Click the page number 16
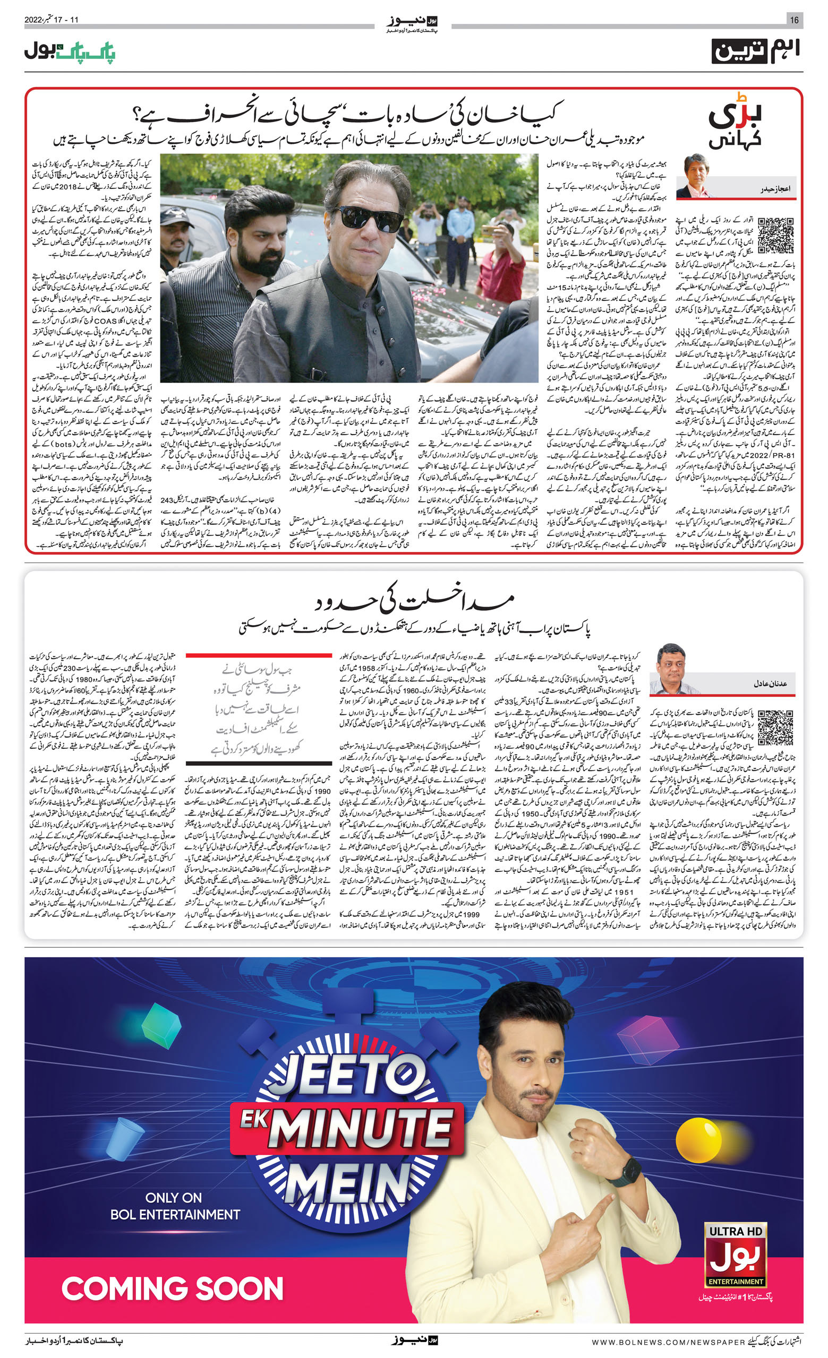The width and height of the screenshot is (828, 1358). tap(794, 20)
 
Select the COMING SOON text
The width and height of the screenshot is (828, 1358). tap(172, 1289)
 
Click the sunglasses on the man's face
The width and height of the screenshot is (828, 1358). tap(368, 218)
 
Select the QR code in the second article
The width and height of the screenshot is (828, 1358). tap(775, 728)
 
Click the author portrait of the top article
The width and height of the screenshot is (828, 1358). tap(696, 176)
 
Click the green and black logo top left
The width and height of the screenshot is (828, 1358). tap(70, 52)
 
